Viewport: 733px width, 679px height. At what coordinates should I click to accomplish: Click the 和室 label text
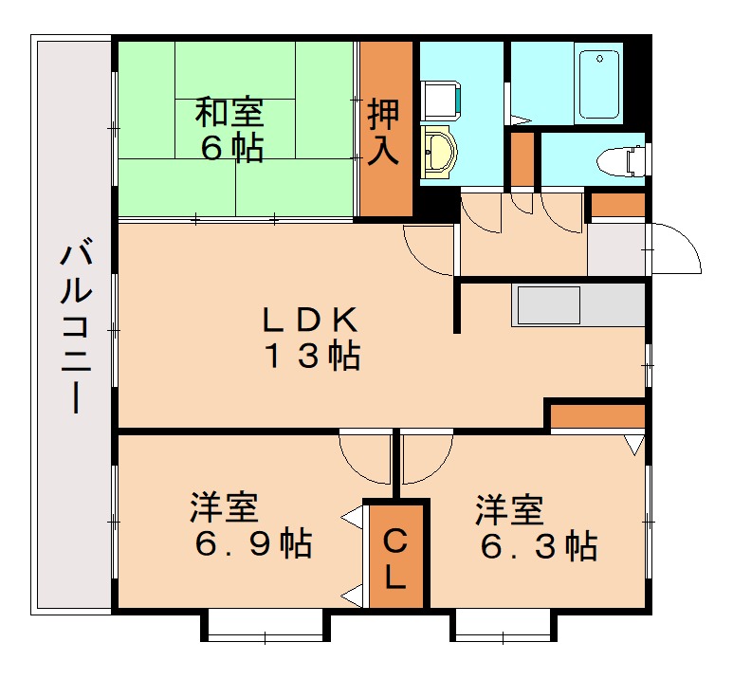coord(229,112)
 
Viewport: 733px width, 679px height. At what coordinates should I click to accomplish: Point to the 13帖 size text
coord(310,357)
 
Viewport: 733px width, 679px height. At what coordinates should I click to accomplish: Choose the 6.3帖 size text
coord(538,545)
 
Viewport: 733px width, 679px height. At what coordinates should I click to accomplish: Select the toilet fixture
coord(620,160)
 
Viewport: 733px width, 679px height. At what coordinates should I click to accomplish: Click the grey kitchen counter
coord(577,304)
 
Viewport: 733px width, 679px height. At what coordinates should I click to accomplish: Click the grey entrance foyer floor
coord(615,249)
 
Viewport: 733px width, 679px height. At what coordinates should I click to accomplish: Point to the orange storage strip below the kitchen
coord(597,415)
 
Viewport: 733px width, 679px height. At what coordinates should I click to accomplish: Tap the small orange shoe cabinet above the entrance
coord(617,204)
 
